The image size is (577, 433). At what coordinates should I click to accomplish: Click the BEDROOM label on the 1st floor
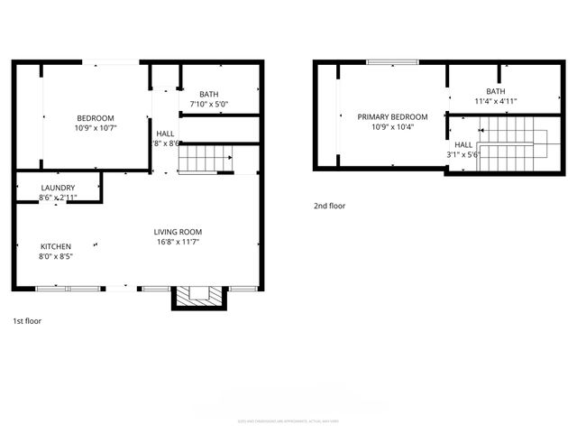click(x=95, y=118)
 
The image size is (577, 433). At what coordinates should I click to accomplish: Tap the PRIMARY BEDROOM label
click(x=392, y=117)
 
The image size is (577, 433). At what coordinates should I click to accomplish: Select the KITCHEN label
click(x=55, y=246)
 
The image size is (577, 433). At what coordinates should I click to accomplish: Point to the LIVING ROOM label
click(x=177, y=232)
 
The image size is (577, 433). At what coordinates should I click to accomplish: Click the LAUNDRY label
click(x=58, y=188)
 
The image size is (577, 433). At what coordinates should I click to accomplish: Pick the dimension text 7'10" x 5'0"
click(x=209, y=104)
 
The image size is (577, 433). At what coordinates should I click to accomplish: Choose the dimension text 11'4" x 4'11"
click(x=495, y=101)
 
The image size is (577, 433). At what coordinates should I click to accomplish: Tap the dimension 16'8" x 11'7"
click(x=177, y=242)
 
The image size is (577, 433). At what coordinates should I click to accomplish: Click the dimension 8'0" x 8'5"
click(x=55, y=256)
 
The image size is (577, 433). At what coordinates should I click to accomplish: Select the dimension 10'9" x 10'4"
click(x=392, y=127)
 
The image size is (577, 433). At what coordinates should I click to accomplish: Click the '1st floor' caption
click(x=27, y=321)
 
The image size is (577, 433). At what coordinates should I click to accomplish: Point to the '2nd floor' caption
click(x=329, y=207)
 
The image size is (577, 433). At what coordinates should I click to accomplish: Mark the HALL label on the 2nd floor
click(x=463, y=144)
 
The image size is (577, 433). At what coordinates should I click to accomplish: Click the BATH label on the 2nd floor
click(x=495, y=91)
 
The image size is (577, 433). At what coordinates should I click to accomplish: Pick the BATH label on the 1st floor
click(x=209, y=94)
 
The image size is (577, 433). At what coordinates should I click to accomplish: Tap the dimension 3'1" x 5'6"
click(x=463, y=154)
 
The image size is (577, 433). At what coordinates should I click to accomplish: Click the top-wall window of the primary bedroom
click(x=392, y=61)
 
